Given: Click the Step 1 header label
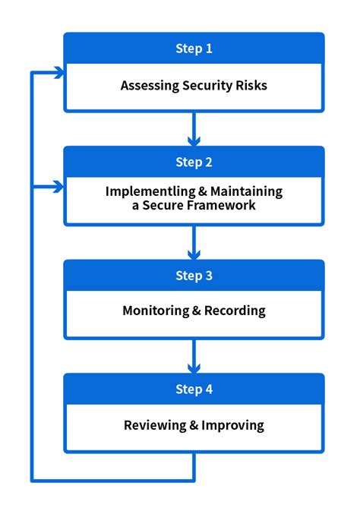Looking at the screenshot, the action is coord(194,49).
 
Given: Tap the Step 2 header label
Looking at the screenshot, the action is coord(194,162).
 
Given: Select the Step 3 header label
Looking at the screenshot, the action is coord(194,276).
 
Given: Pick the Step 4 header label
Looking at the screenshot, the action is coord(194,389).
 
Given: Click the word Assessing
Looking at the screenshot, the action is coord(150,86).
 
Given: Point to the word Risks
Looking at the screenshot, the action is coord(251,86).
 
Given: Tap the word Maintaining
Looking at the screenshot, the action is coord(246,192).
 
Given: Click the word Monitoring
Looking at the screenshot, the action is coord(156,311).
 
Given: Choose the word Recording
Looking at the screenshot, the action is coord(235,311).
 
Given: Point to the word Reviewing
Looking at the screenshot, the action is coord(155,425).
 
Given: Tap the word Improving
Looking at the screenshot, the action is coord(232,425).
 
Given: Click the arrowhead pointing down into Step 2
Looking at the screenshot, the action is coord(194,141).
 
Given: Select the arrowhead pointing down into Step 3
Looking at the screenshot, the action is coord(194,254).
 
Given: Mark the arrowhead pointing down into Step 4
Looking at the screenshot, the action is coord(194,368).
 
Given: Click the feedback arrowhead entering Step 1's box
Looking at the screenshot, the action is coord(59,72).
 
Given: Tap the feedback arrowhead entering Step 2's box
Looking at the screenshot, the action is coord(59,187).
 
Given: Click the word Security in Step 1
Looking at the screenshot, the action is coord(207,86).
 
